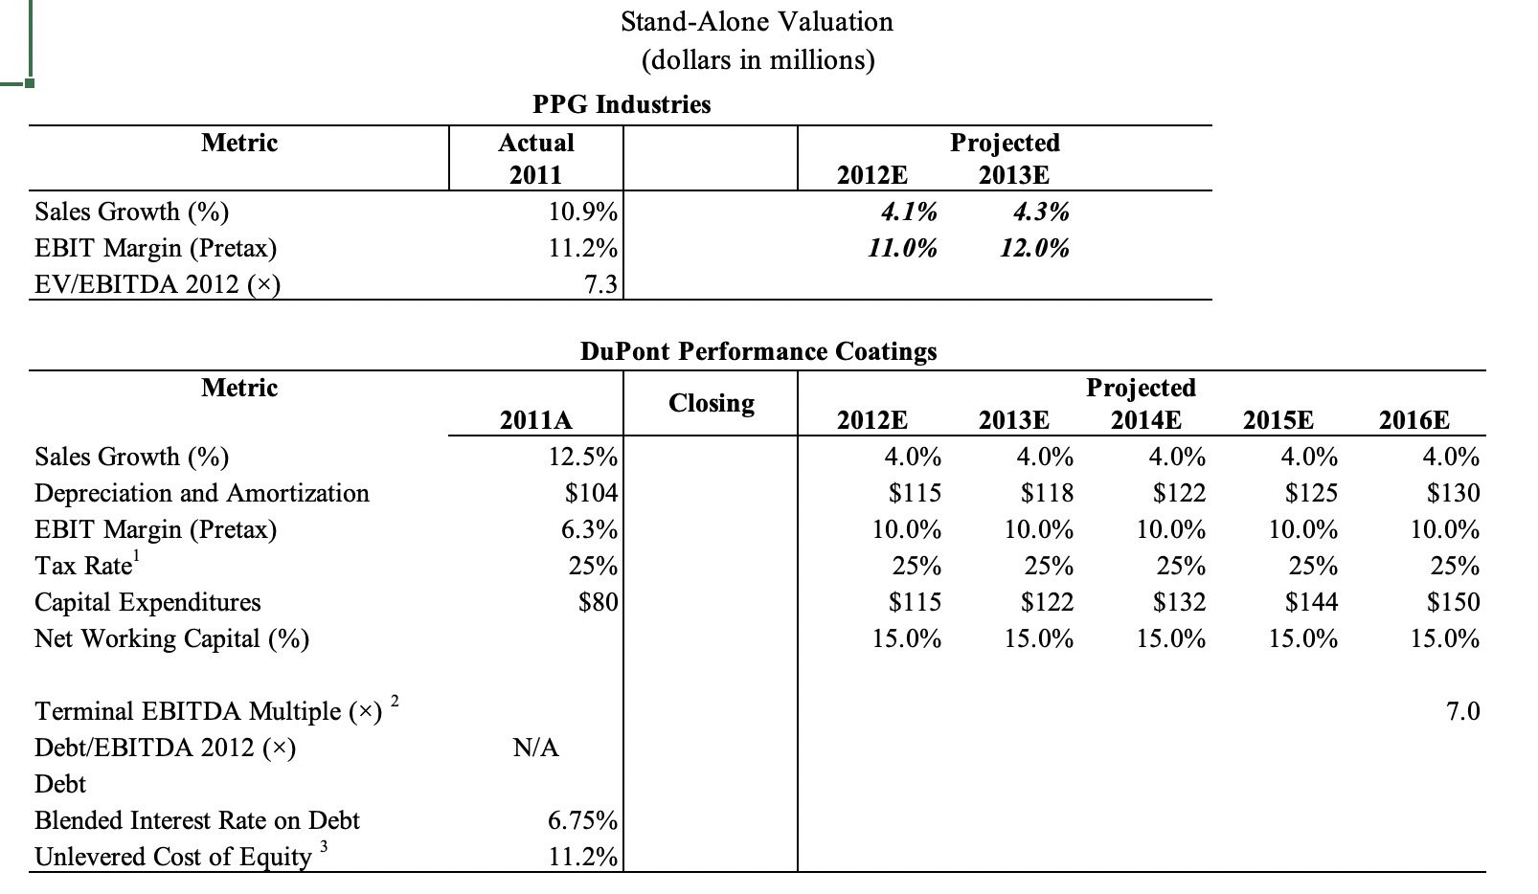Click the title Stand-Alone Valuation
click(x=757, y=21)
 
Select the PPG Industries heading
click(x=622, y=103)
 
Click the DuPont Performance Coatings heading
click(x=758, y=350)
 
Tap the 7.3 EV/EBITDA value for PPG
click(x=600, y=284)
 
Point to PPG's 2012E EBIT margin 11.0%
click(x=902, y=248)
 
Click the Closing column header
click(x=711, y=403)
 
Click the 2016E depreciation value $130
click(x=1452, y=493)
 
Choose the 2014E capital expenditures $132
click(x=1178, y=602)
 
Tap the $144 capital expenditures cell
click(x=1310, y=602)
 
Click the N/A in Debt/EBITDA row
click(x=536, y=748)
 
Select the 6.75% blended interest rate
click(x=582, y=820)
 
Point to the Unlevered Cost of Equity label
click(x=173, y=857)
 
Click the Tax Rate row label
click(x=83, y=566)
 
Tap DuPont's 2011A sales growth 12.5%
click(x=582, y=457)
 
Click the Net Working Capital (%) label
click(x=172, y=638)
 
